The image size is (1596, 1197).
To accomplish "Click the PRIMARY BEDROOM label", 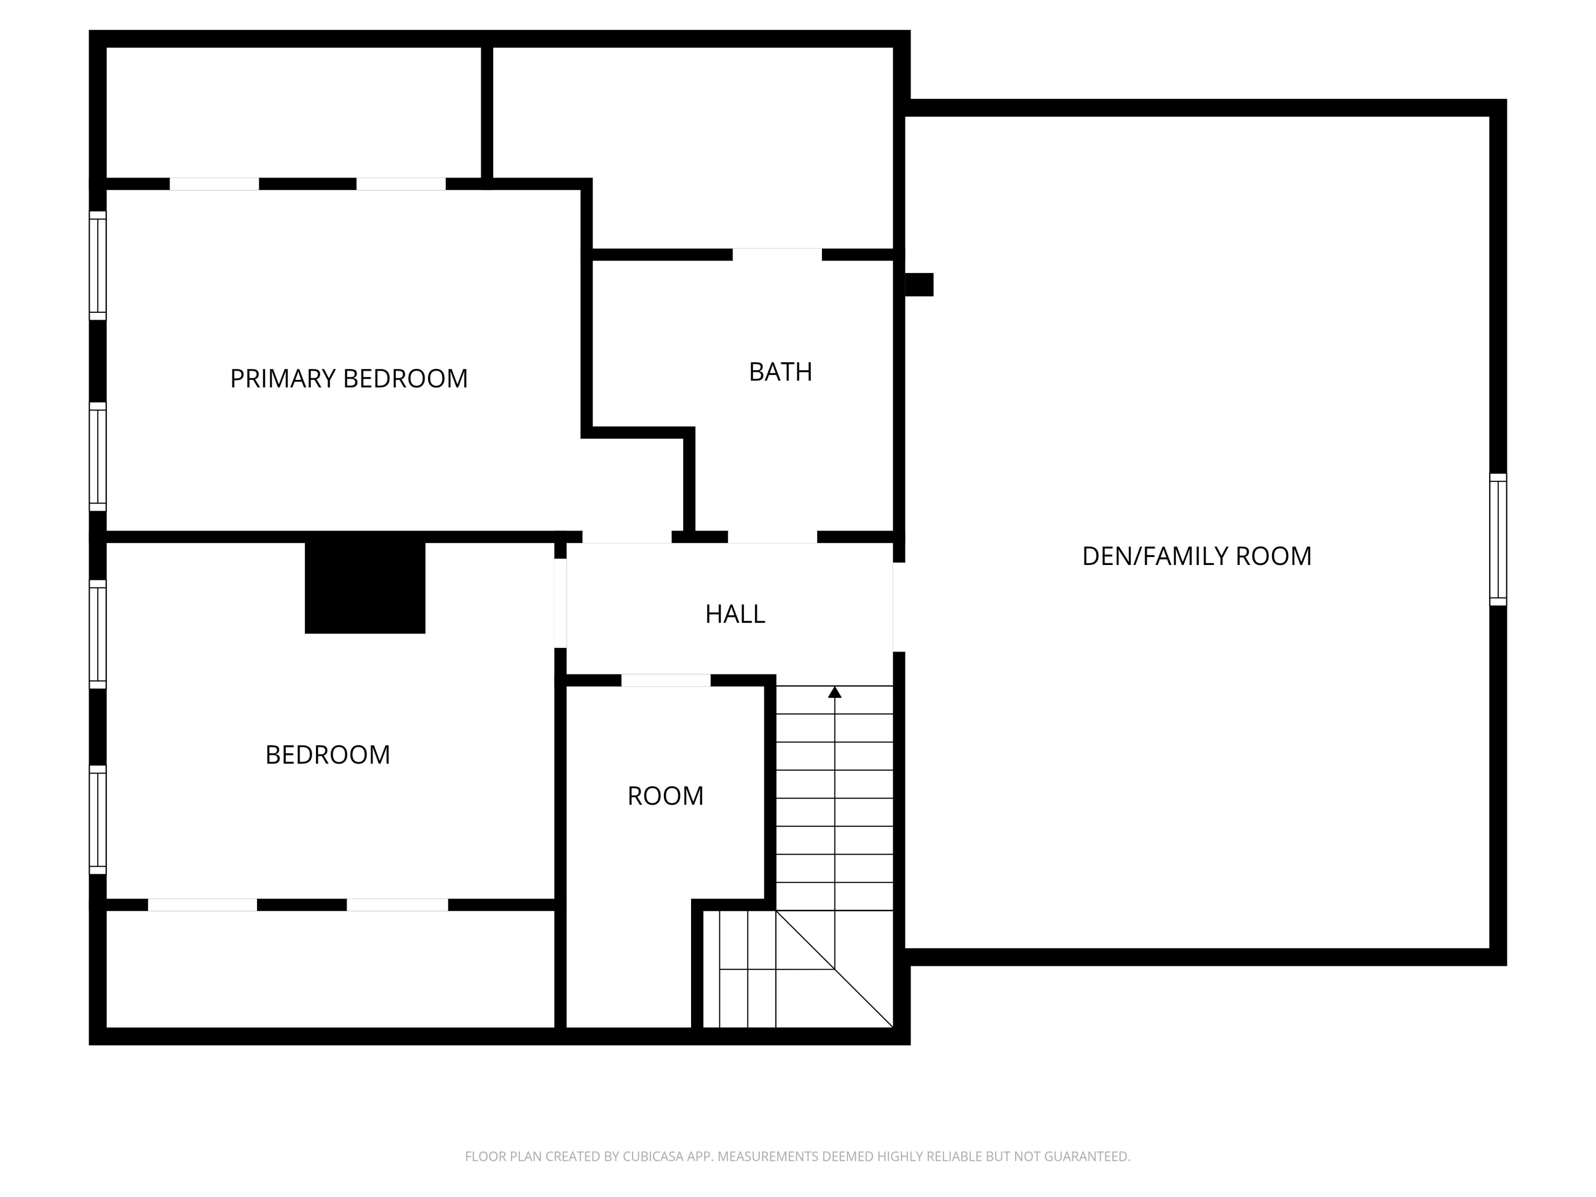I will pyautogui.click(x=348, y=379).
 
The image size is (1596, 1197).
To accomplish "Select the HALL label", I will pyautogui.click(x=735, y=614).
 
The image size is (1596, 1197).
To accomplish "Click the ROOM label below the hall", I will pyautogui.click(x=665, y=796).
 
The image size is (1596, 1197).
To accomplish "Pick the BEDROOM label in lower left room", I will pyautogui.click(x=328, y=755).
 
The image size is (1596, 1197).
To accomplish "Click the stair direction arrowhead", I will pyautogui.click(x=835, y=693).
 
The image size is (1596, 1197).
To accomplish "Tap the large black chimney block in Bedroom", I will pyautogui.click(x=364, y=587).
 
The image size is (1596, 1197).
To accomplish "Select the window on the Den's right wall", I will pyautogui.click(x=1498, y=539).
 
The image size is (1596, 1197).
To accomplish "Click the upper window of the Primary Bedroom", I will pyautogui.click(x=97, y=265).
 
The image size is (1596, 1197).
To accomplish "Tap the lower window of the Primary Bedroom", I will pyautogui.click(x=97, y=456).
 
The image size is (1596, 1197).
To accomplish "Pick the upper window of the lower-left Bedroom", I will pyautogui.click(x=97, y=634).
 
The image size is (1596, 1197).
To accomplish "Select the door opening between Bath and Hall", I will pyautogui.click(x=772, y=537).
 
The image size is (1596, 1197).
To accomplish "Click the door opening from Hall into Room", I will pyautogui.click(x=666, y=680).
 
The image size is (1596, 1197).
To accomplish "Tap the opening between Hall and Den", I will pyautogui.click(x=899, y=607).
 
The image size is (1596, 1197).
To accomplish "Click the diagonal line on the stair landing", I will pyautogui.click(x=834, y=969).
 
